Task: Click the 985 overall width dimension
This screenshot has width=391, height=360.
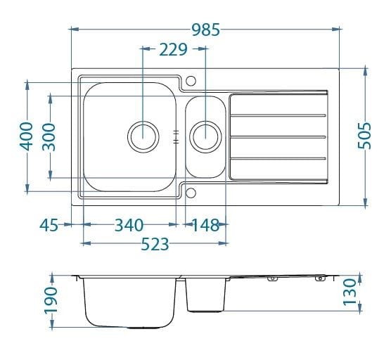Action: (206, 30)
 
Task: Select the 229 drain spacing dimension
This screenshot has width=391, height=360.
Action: (173, 49)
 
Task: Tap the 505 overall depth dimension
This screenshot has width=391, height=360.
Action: (364, 136)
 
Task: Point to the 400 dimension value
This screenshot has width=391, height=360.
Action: (26, 136)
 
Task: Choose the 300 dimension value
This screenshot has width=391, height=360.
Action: (49, 137)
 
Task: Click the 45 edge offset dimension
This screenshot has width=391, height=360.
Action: (49, 225)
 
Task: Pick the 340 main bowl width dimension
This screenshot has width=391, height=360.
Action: (129, 225)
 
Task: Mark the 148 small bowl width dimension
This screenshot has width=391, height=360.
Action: (205, 225)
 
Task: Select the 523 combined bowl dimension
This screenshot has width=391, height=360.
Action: (155, 244)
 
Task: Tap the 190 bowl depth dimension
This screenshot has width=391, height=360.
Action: (51, 300)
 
